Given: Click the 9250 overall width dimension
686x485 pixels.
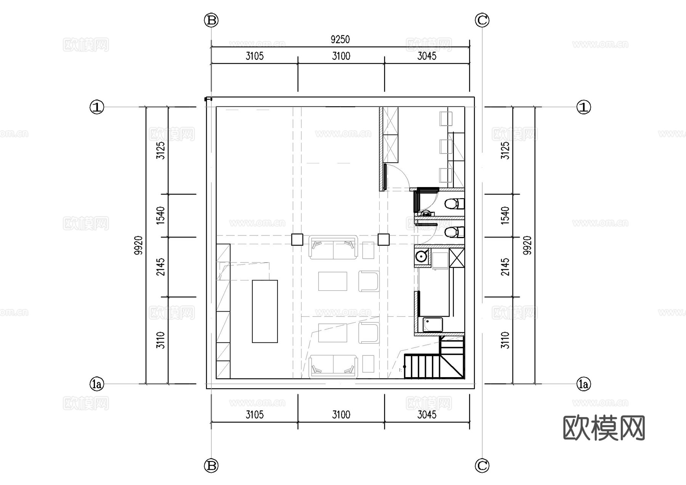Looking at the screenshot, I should [340, 39].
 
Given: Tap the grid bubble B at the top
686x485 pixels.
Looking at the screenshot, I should [211, 20].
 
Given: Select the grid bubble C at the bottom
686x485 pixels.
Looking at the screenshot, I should [482, 465].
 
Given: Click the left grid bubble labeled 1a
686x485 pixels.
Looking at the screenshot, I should [97, 384].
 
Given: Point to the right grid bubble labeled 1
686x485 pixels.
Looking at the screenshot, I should [583, 107].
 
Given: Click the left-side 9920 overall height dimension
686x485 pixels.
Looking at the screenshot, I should [139, 245].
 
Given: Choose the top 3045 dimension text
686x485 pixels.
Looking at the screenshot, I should [426, 56].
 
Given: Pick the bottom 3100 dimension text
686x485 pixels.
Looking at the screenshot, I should [341, 415].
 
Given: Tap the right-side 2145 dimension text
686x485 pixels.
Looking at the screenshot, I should [505, 267].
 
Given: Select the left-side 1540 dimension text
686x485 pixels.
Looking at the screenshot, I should [161, 215].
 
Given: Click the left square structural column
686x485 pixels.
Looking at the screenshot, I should [297, 239].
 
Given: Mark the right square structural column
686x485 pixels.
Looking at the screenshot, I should [383, 239].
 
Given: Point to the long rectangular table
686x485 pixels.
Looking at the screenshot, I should [264, 311].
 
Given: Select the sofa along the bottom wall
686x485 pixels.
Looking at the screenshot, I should [333, 366].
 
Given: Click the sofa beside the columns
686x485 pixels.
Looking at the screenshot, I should [333, 248].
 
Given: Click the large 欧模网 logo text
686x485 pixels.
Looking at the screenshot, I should [604, 428].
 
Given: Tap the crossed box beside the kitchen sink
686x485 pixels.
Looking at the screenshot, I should [457, 258].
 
